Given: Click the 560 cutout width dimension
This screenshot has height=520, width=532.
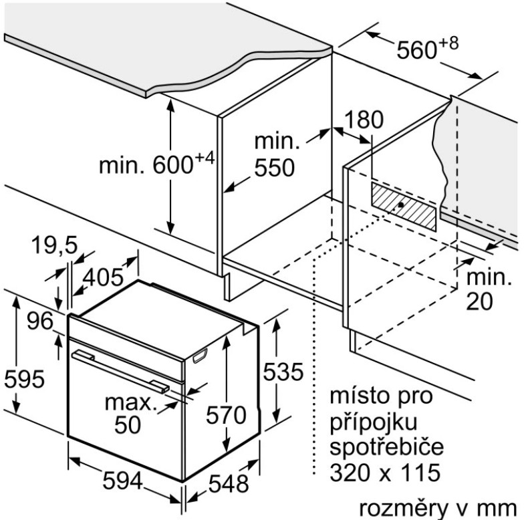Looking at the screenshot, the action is click(428, 48).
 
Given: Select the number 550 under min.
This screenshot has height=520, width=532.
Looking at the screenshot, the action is click(275, 168).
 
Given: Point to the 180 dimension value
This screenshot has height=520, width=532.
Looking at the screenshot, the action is click(364, 120).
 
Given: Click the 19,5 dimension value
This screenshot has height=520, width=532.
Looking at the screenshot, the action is click(54, 245).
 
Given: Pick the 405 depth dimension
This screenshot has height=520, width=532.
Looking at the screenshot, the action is click(103, 277).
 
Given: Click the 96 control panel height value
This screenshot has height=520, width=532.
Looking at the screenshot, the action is click(40, 321).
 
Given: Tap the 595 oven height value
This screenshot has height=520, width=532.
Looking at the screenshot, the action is click(25, 379).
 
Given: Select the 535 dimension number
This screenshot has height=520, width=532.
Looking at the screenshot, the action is click(283, 372).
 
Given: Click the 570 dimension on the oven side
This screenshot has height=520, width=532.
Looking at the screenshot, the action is click(227, 415).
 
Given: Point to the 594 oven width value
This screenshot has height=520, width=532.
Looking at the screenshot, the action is click(122, 481).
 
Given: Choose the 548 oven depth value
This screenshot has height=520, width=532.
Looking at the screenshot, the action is click(229, 484).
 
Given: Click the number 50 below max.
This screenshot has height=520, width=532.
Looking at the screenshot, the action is click(128, 424).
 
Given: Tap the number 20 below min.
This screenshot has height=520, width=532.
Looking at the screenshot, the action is click(479, 301).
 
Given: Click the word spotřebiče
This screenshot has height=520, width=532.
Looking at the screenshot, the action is click(386, 446).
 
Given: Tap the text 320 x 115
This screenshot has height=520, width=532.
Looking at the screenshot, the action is click(385, 472).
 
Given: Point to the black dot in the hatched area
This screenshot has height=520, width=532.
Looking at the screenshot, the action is click(402, 205).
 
